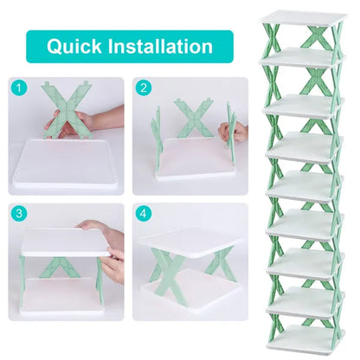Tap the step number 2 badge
(x=143, y=87)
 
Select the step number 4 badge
(x=143, y=212)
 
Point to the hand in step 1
(x=91, y=121)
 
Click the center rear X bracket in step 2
(x=191, y=117)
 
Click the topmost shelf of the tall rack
(x=303, y=19)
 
